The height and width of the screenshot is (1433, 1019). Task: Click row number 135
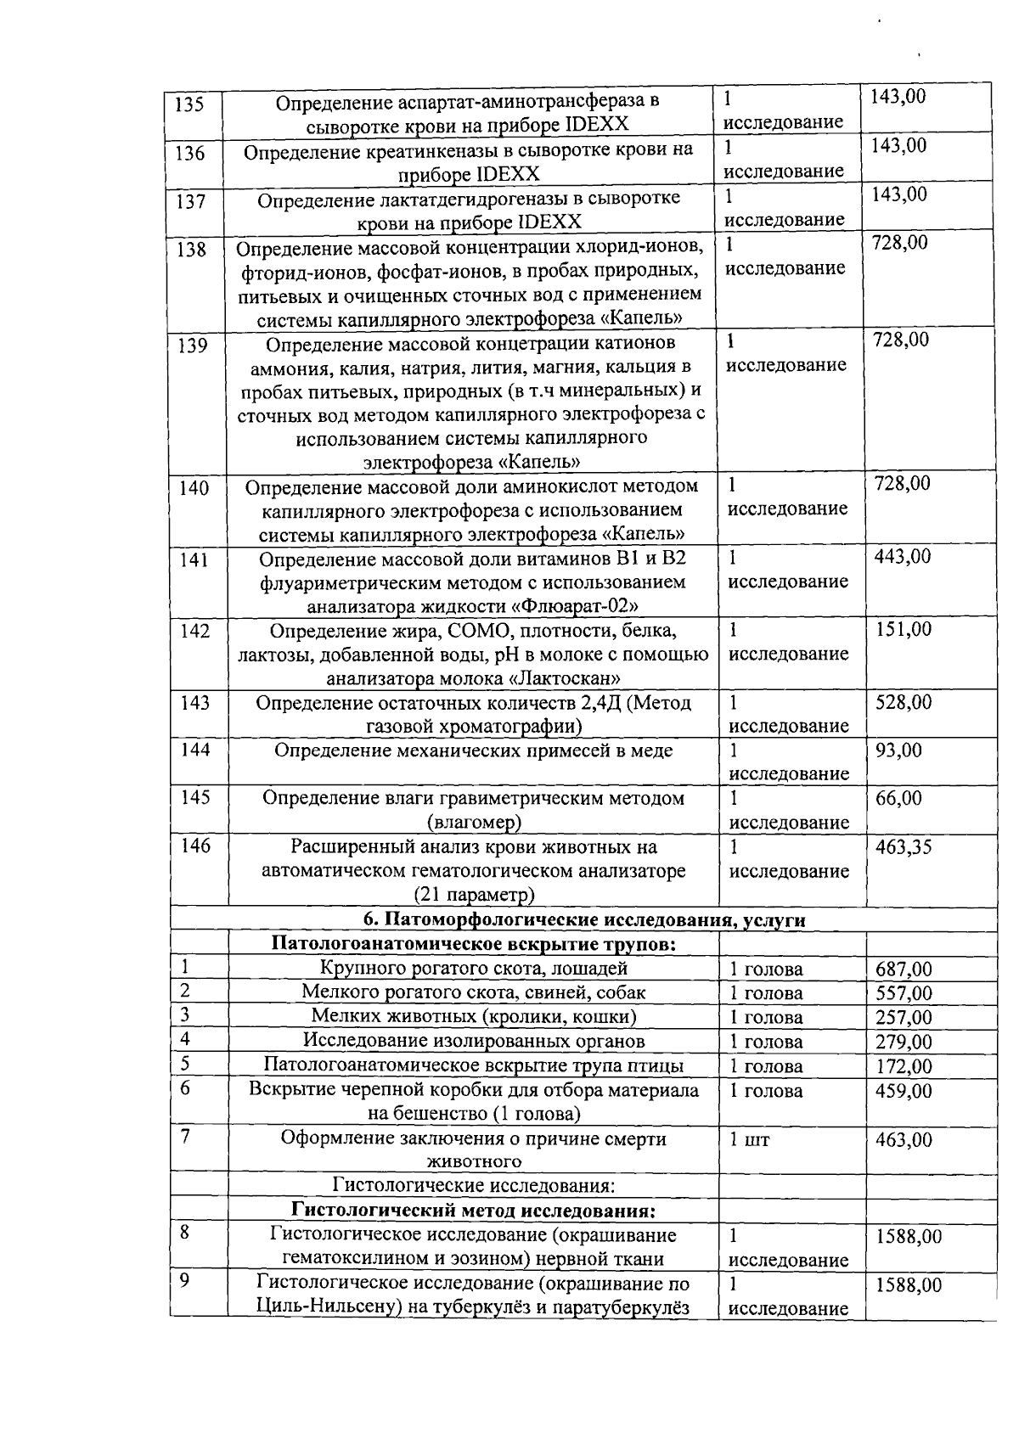(189, 105)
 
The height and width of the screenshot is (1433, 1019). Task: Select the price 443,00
(903, 557)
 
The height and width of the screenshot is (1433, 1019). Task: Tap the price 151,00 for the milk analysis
(903, 629)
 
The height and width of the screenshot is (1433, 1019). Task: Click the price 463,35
(904, 847)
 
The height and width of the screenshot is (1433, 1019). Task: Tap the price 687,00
(904, 969)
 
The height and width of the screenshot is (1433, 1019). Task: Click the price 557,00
(904, 993)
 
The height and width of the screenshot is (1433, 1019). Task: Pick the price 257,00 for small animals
(904, 1018)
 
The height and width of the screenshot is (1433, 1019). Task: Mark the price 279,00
(904, 1042)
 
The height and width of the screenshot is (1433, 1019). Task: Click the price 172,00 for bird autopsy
(904, 1066)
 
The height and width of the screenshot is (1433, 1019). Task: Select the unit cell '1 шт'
(749, 1140)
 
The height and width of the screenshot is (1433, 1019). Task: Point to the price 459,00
(904, 1091)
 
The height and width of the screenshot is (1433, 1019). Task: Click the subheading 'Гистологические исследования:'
(473, 1185)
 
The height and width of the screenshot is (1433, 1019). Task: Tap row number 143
(195, 703)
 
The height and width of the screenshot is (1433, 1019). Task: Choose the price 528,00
(904, 702)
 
